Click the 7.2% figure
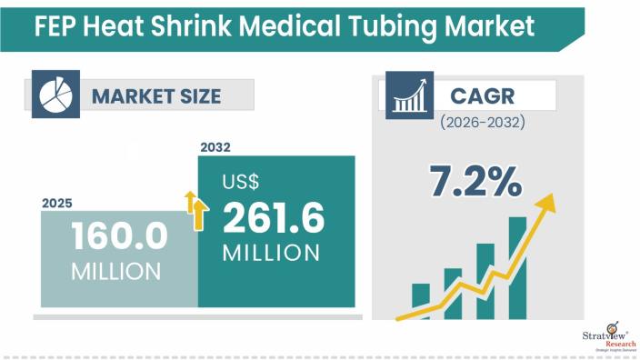(x=476, y=181)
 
